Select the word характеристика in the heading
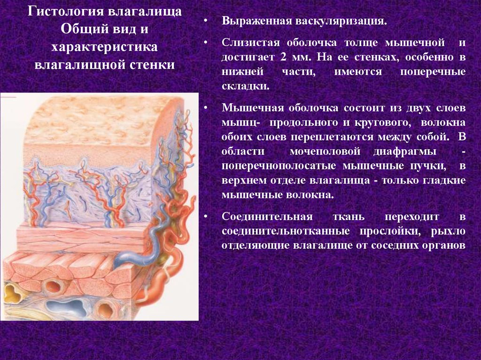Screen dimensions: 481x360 point(104,47)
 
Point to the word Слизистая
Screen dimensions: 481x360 point(251,42)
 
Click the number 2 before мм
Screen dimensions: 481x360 point(283,57)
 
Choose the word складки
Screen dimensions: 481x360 point(245,86)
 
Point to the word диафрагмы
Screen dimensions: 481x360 point(405,152)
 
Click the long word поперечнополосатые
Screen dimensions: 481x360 point(279,166)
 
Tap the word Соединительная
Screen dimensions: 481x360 point(267,216)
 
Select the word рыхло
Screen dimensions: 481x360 point(448,231)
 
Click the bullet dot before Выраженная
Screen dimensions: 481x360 point(206,22)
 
